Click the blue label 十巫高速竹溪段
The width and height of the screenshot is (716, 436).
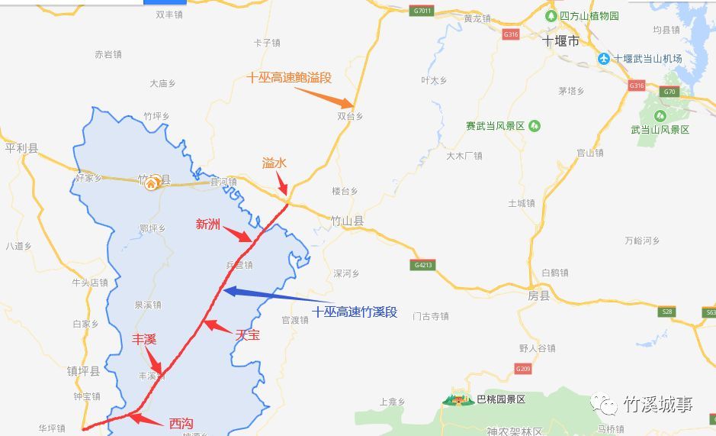(x=355, y=312)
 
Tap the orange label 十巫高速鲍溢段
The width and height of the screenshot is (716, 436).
(x=289, y=77)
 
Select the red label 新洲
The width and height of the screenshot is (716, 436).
(x=207, y=224)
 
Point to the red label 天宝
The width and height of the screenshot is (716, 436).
(x=247, y=334)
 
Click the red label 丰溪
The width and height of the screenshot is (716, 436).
(x=144, y=339)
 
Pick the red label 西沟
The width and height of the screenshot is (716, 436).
(x=181, y=422)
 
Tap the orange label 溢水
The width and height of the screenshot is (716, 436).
(x=274, y=163)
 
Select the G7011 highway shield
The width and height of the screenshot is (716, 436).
(x=421, y=11)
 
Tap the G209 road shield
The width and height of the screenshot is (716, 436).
(x=522, y=370)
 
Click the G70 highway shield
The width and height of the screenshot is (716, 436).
(x=669, y=92)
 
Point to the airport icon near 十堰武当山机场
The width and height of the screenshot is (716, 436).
(x=604, y=59)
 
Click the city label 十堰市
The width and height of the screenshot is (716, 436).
(x=560, y=41)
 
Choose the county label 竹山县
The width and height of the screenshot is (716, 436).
(x=347, y=220)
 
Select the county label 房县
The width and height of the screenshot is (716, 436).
(x=538, y=296)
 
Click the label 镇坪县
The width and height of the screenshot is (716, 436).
(x=83, y=372)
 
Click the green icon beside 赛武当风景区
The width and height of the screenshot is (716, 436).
(x=535, y=125)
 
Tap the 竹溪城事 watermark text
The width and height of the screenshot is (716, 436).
(x=657, y=405)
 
